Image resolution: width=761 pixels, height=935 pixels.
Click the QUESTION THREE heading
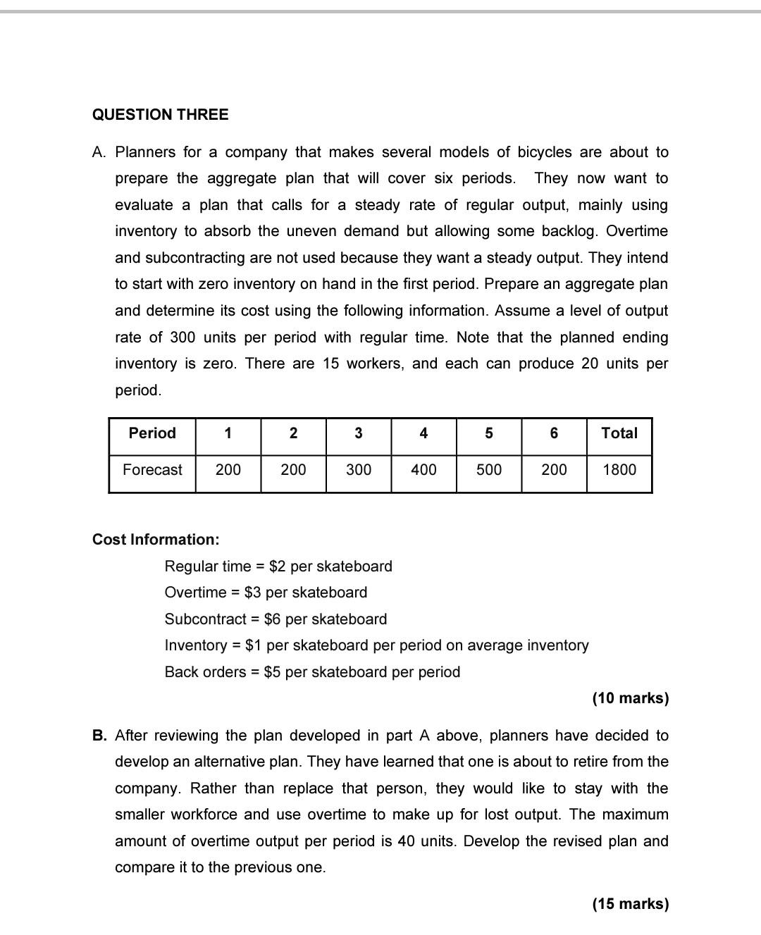tap(160, 115)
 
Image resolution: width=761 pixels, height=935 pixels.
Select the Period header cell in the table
tap(152, 433)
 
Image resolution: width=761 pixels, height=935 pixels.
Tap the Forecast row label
tap(152, 470)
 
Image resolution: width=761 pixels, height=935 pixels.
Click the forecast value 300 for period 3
tap(358, 470)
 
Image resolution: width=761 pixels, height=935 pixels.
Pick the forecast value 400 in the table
tap(423, 470)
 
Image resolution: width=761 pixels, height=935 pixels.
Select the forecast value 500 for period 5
tap(489, 470)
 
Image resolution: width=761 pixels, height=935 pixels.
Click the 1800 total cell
tap(619, 470)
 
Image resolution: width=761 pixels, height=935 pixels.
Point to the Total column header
tap(619, 433)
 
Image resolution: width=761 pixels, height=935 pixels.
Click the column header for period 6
tap(554, 433)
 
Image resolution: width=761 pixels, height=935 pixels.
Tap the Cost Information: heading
tap(156, 540)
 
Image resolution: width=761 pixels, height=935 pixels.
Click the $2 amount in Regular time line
tap(278, 566)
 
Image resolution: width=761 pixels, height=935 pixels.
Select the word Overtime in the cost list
tap(195, 593)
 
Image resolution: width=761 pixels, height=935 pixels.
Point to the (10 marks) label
tap(630, 698)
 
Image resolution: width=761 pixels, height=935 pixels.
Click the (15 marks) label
tap(630, 904)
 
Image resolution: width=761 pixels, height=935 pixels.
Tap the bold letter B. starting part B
tap(100, 736)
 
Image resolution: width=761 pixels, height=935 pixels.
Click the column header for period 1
tap(228, 433)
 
